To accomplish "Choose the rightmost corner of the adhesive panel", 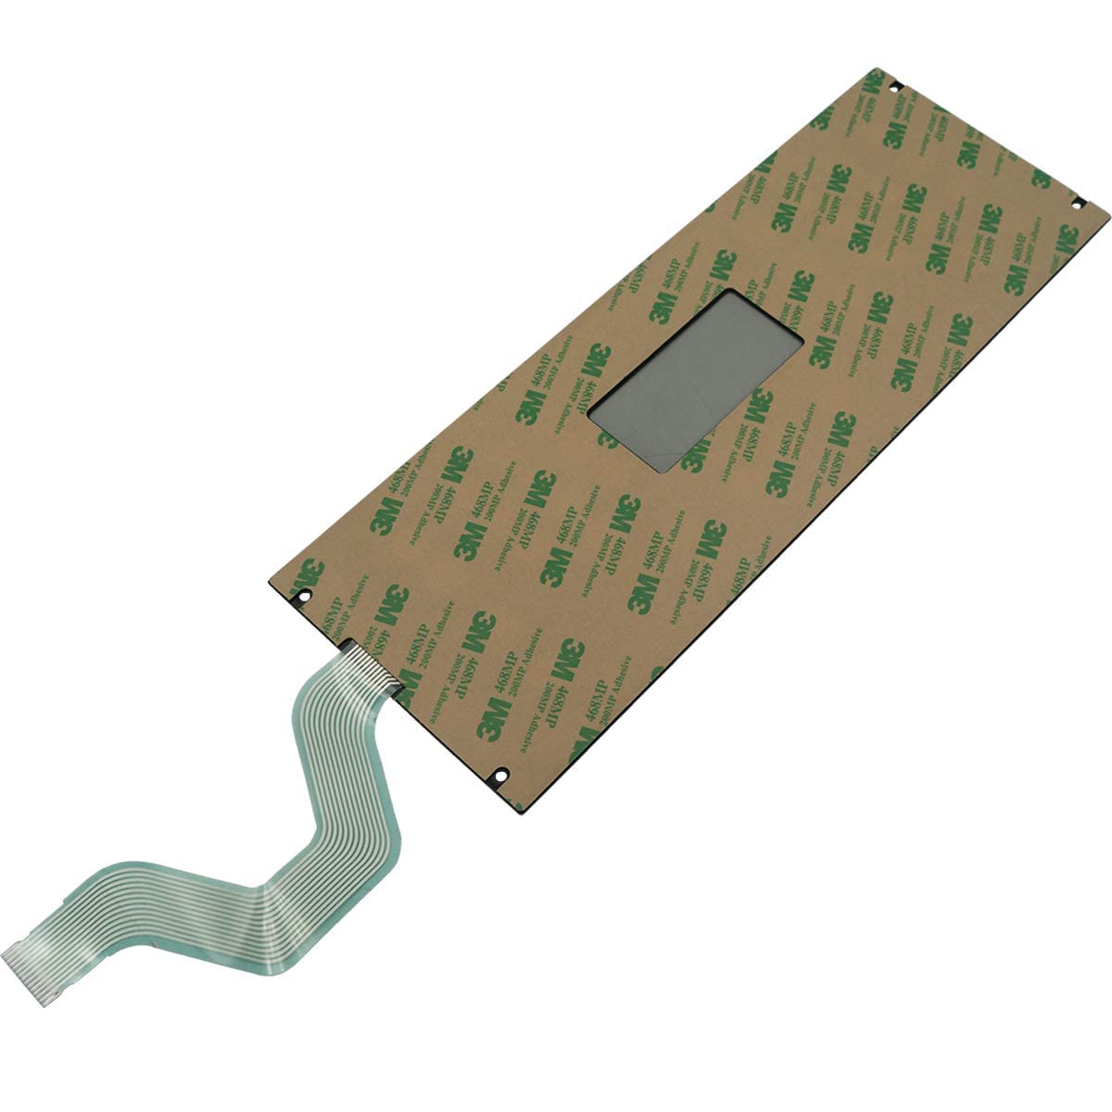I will pos(1107,221).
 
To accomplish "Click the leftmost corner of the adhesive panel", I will pos(270,587).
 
